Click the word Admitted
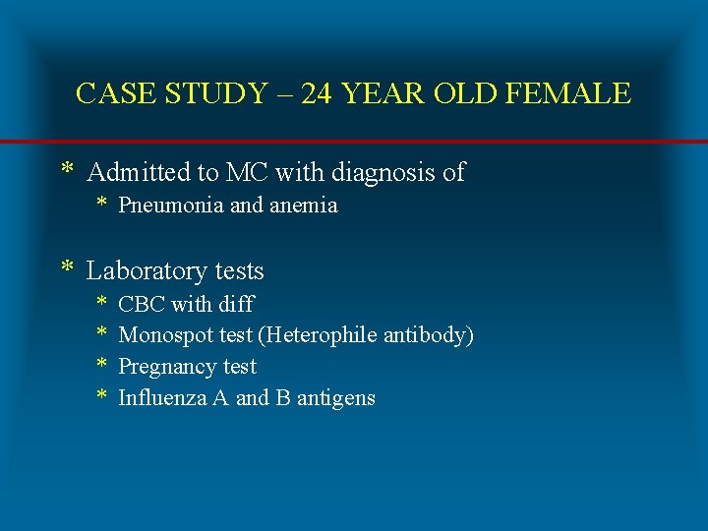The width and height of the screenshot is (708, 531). click(x=139, y=173)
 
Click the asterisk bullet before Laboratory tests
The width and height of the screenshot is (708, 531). click(x=68, y=268)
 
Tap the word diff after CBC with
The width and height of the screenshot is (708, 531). click(x=238, y=304)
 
